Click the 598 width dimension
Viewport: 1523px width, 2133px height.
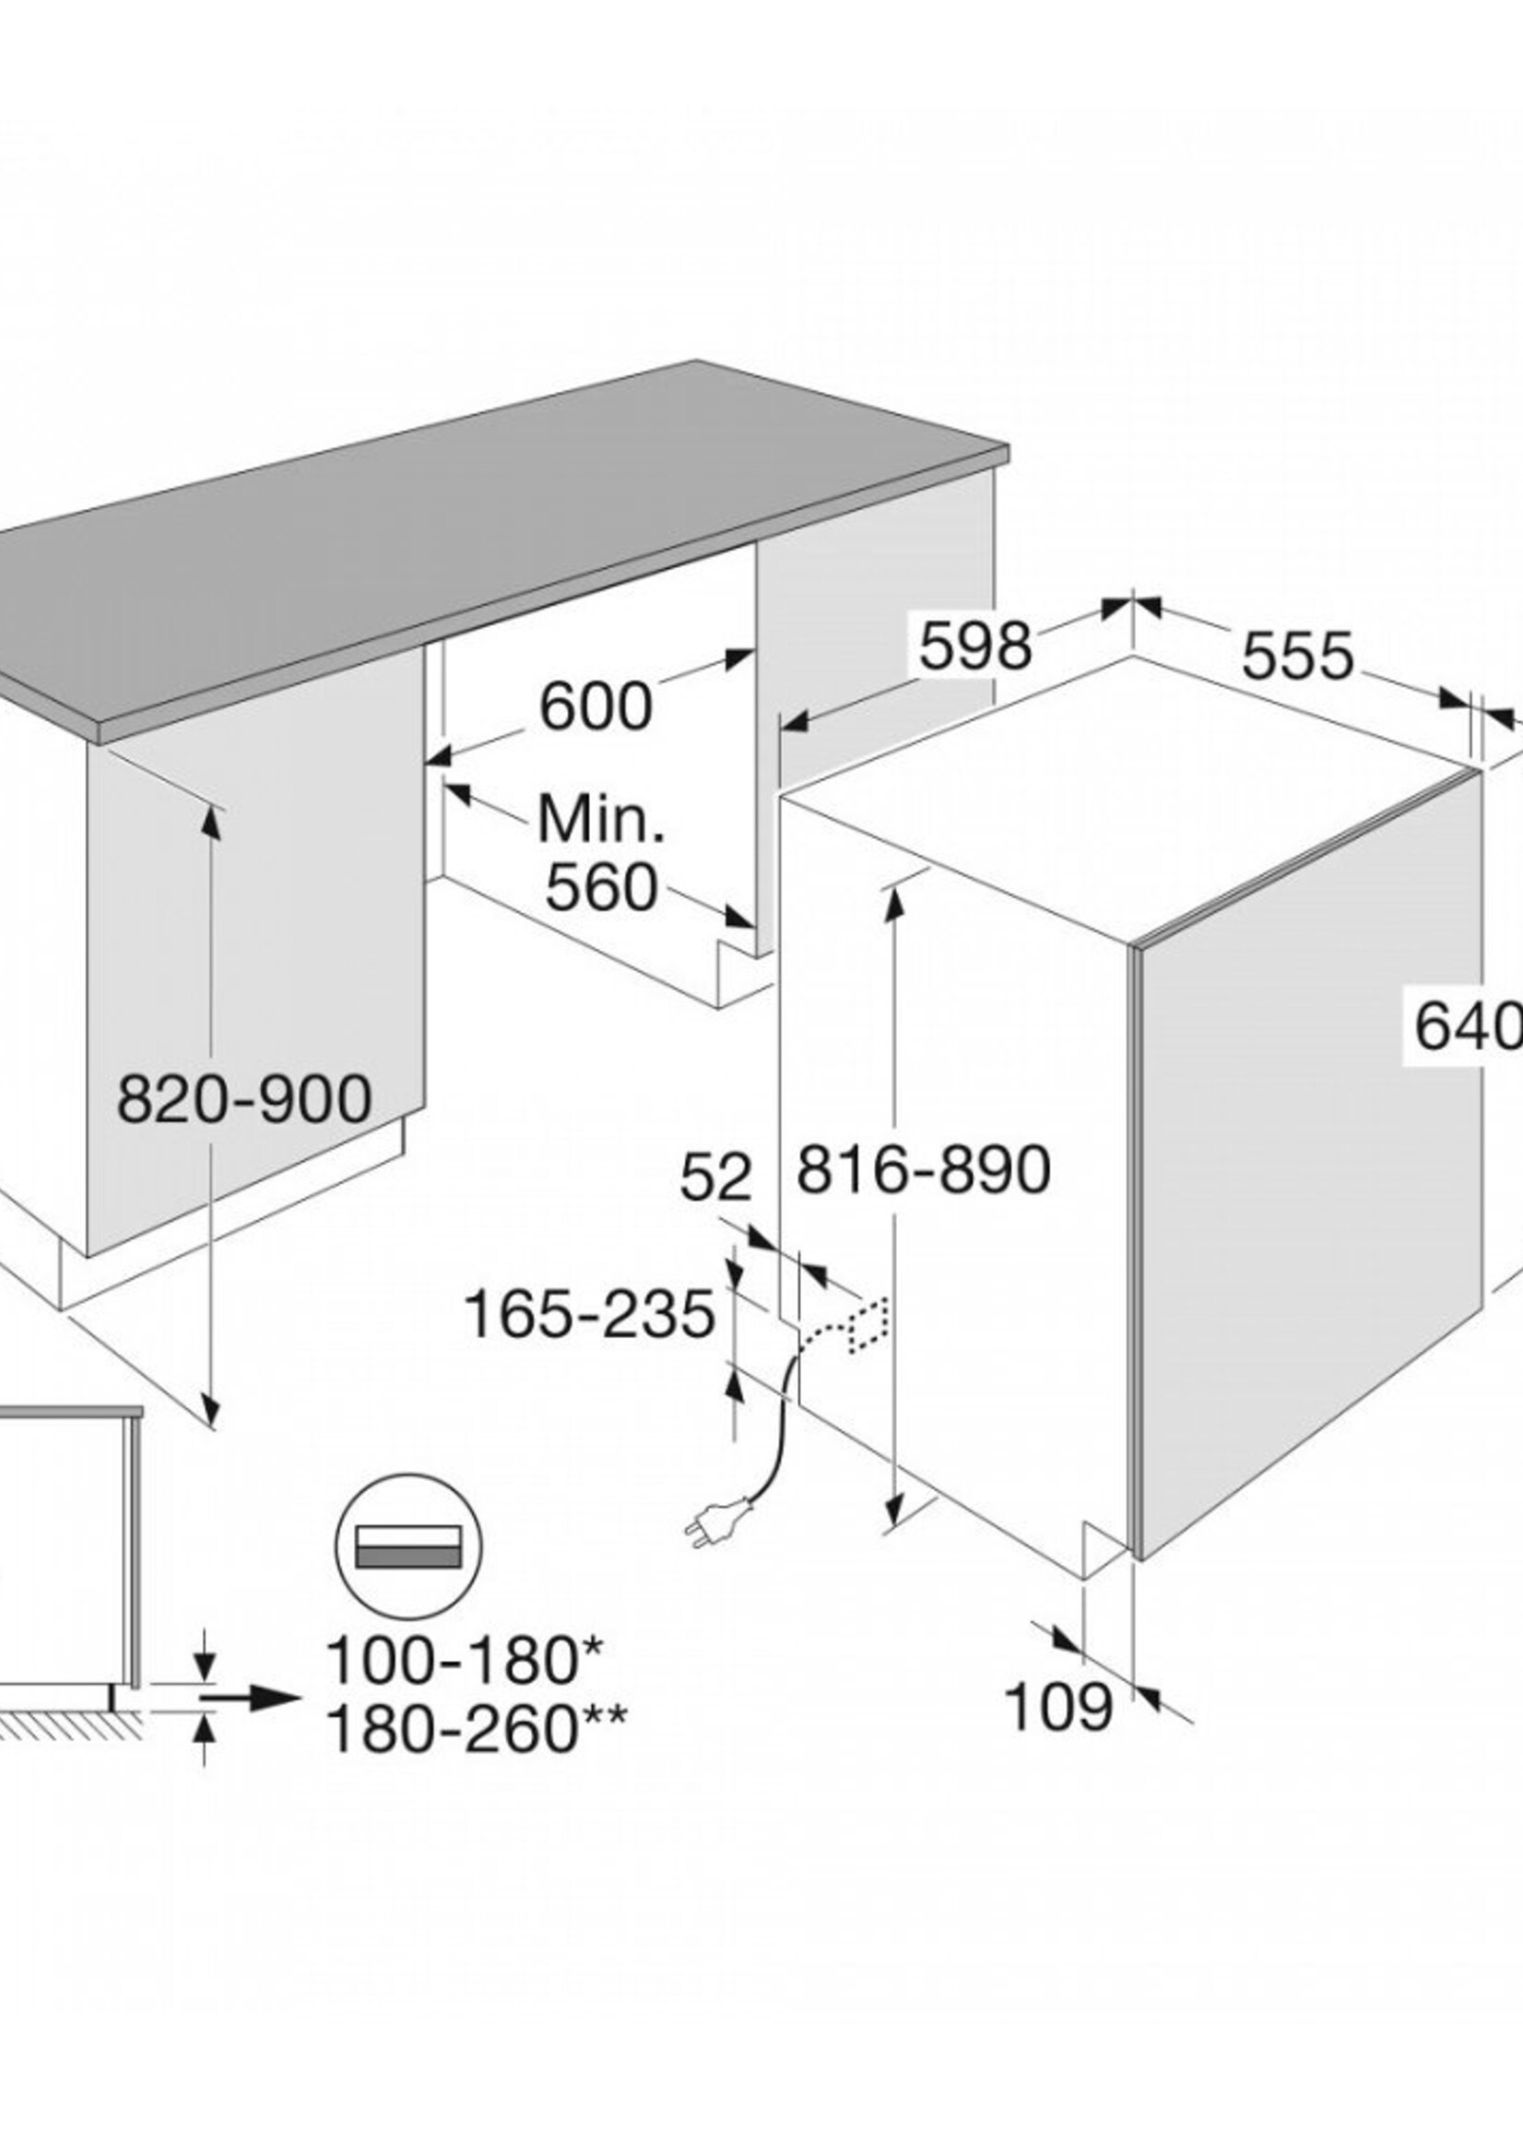(x=975, y=646)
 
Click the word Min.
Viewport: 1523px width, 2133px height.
(x=601, y=818)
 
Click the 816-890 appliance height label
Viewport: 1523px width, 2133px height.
(x=924, y=1168)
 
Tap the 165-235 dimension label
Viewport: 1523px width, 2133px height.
(x=590, y=1314)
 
